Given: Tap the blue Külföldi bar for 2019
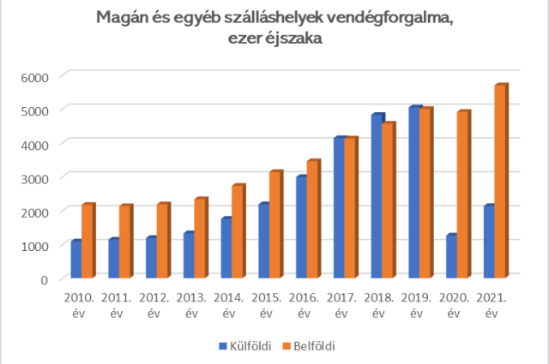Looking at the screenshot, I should pyautogui.click(x=414, y=193).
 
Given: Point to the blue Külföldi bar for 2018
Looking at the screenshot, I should pyautogui.click(x=377, y=196).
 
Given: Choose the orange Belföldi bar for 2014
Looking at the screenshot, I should pyautogui.click(x=238, y=232).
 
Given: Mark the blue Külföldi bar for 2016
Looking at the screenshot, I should pyautogui.click(x=301, y=227).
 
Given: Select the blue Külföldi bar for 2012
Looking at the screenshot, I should pyautogui.click(x=150, y=258).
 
